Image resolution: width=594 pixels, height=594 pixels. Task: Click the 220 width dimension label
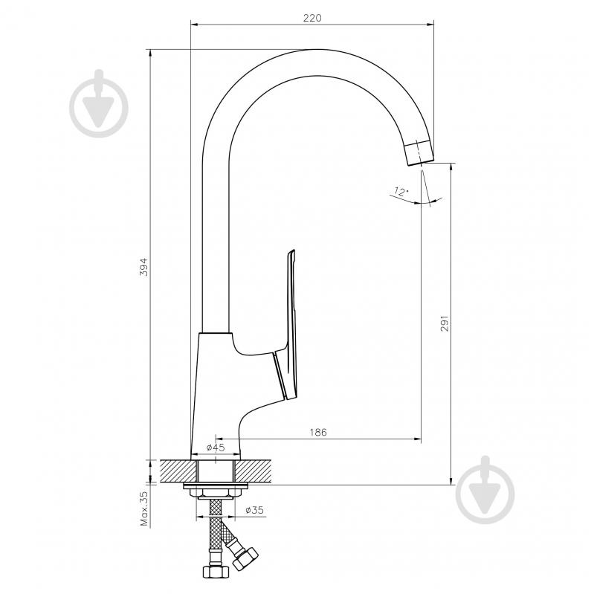(312, 18)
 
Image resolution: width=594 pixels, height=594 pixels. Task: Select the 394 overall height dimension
(144, 267)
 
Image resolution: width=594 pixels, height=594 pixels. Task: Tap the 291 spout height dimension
(445, 323)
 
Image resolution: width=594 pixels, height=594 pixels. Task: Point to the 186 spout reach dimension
(318, 432)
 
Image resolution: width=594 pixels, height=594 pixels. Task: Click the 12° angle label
(401, 191)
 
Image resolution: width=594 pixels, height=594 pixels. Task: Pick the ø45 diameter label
(216, 448)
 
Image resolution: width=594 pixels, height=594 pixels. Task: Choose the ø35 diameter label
(254, 510)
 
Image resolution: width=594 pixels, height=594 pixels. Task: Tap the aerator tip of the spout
(419, 152)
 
